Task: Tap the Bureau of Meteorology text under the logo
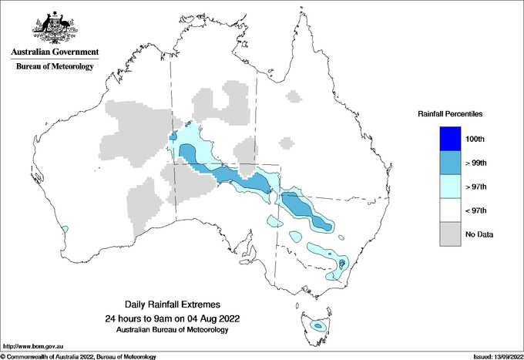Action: [55, 67]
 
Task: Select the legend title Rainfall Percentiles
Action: [449, 113]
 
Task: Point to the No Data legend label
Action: [479, 234]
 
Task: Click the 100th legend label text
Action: [476, 139]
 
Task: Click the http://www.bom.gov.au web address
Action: [32, 347]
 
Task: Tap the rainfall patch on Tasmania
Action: [317, 326]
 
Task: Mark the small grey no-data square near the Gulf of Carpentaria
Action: [293, 97]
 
